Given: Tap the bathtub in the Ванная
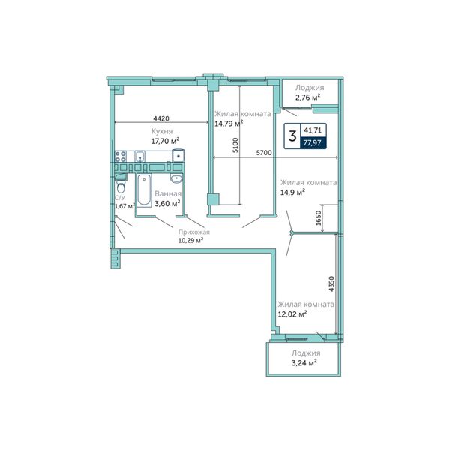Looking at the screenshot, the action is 144,190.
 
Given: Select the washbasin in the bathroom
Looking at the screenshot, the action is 176,178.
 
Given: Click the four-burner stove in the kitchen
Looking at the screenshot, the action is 121,157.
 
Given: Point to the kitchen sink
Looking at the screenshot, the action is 139,157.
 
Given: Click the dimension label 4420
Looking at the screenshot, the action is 161,118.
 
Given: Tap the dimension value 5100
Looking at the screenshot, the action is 235,145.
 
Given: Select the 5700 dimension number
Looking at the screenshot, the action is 264,153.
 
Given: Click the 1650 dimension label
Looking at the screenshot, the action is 319,218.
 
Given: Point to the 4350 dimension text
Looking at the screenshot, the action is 331,284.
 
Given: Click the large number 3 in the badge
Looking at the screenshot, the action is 292,136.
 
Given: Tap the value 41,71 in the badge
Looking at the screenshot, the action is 313,130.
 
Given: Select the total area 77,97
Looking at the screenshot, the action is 313,142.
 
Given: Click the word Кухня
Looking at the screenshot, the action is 162,131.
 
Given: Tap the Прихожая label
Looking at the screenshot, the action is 194,232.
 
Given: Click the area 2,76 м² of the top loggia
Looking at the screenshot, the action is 308,97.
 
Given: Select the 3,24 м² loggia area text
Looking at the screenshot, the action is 304,363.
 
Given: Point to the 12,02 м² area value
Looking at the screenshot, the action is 292,314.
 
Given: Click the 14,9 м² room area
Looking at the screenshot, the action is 292,192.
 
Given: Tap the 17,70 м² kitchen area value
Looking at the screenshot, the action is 165,141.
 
